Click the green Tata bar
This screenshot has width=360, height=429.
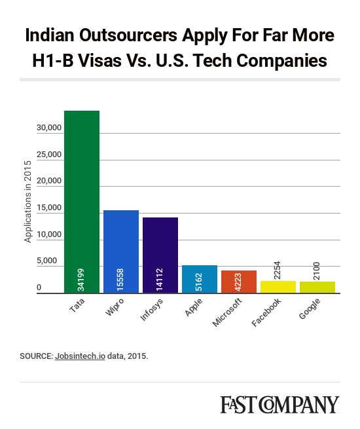[x=82, y=202]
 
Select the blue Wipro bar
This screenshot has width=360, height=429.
[x=121, y=252]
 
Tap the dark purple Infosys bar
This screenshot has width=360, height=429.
[x=160, y=255]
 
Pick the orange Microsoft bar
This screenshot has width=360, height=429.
[x=239, y=282]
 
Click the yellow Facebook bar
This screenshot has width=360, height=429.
[x=278, y=287]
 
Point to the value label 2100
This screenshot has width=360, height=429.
[x=317, y=271]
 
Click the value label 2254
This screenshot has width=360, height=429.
[x=277, y=270]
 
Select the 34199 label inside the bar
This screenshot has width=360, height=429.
[x=81, y=280]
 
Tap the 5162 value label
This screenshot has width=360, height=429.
[x=199, y=282]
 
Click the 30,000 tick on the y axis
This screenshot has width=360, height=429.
[x=49, y=128]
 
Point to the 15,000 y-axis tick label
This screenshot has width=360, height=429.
[x=49, y=208]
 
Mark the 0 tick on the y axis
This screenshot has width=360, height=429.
[x=39, y=288]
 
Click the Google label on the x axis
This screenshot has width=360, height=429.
[x=310, y=308]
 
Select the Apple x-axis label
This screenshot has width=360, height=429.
[x=194, y=307]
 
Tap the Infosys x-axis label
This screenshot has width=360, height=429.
[x=152, y=310]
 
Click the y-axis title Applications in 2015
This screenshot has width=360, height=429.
[x=27, y=202]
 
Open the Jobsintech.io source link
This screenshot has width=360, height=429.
[x=80, y=356]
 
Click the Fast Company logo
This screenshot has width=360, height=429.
[x=280, y=404]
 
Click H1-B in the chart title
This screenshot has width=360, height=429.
[x=53, y=60]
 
